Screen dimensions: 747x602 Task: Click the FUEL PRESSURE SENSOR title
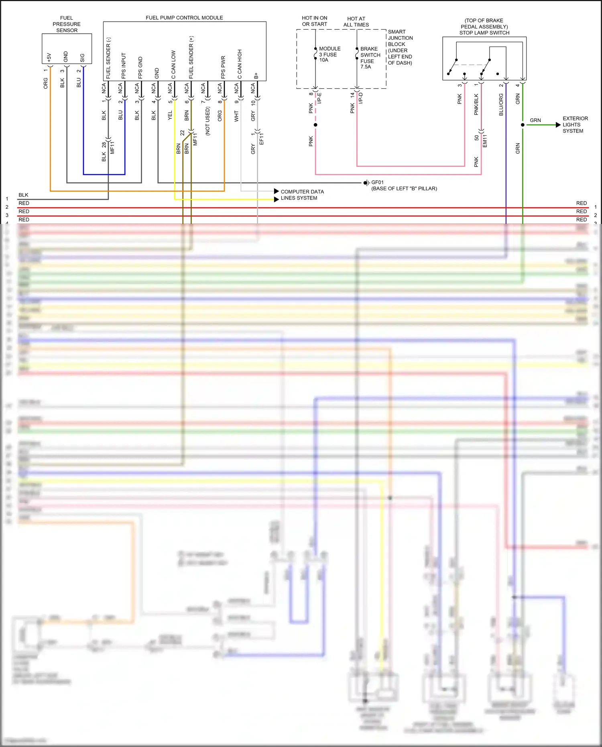pyautogui.click(x=67, y=24)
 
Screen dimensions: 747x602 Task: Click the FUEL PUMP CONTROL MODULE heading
pyautogui.click(x=184, y=18)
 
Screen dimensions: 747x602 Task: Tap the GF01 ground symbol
pyautogui.click(x=366, y=183)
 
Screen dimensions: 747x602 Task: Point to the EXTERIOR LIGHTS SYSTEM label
pyautogui.click(x=575, y=125)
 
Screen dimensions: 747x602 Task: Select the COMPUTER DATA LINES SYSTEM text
pyautogui.click(x=302, y=195)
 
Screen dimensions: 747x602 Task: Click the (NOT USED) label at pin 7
pyautogui.click(x=207, y=121)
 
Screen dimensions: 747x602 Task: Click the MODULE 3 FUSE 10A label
pyautogui.click(x=329, y=54)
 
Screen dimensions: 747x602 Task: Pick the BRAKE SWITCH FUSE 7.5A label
pyautogui.click(x=370, y=58)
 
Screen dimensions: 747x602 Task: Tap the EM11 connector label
pyautogui.click(x=485, y=141)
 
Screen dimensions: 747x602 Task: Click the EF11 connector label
pyautogui.click(x=262, y=139)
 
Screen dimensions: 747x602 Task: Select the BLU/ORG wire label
pyautogui.click(x=501, y=105)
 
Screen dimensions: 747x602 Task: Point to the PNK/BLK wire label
pyautogui.click(x=476, y=104)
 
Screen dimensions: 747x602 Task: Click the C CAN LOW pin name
pyautogui.click(x=173, y=64)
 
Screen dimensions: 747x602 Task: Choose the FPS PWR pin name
pyautogui.click(x=223, y=67)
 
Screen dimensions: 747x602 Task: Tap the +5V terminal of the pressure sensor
pyautogui.click(x=49, y=57)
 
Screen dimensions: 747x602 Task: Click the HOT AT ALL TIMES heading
pyautogui.click(x=356, y=22)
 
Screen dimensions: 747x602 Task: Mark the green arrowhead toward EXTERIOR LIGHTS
pyautogui.click(x=558, y=125)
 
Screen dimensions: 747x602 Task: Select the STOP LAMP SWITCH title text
pyautogui.click(x=484, y=33)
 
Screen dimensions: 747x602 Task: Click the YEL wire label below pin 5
pyautogui.click(x=170, y=116)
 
